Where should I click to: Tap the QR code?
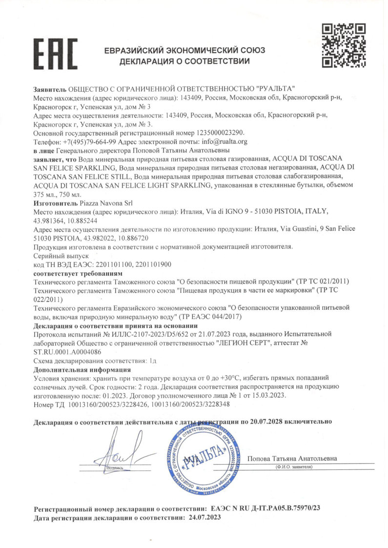tap(344, 45)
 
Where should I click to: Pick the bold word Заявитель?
tap(50, 88)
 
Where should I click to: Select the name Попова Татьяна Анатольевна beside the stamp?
tap(292, 459)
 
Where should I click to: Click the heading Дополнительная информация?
tap(79, 369)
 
